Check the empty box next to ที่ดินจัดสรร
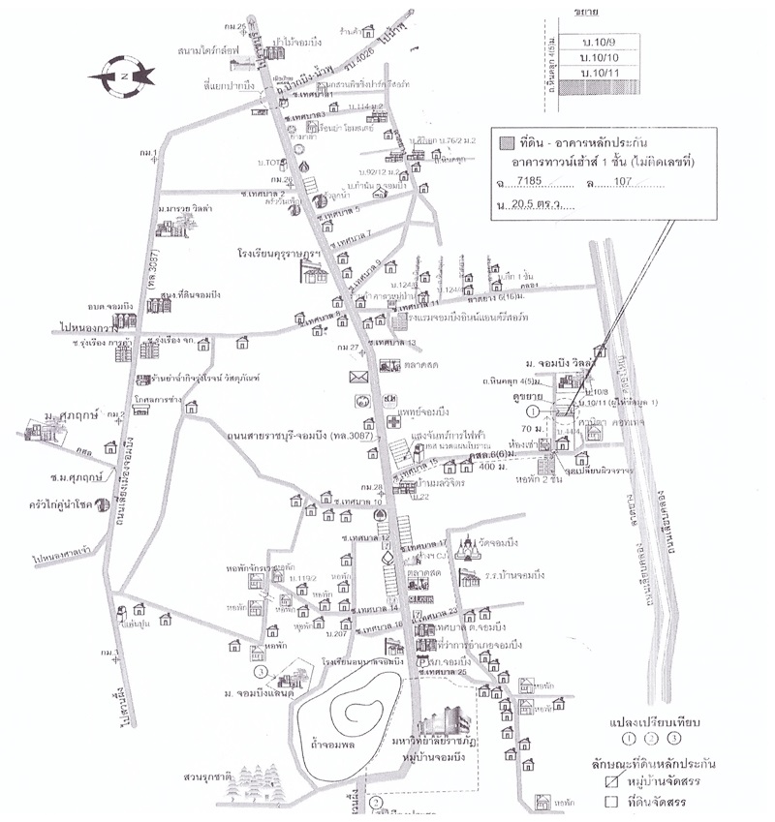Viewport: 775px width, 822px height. click(x=610, y=802)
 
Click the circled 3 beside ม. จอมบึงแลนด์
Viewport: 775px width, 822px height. click(x=259, y=670)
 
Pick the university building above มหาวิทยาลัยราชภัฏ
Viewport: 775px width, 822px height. click(x=441, y=718)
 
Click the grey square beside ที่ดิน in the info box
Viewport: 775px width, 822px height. click(x=505, y=142)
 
